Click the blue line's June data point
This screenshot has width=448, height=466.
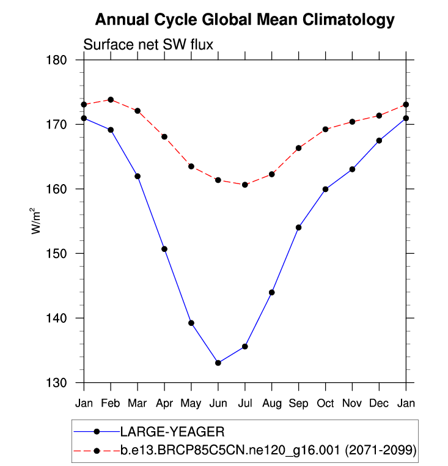click(218, 363)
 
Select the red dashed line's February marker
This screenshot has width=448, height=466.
click(111, 99)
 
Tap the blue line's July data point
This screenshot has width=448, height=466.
click(245, 346)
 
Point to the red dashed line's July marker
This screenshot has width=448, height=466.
click(245, 185)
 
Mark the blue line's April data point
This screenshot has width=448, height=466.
click(164, 249)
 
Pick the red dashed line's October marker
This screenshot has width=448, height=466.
click(326, 129)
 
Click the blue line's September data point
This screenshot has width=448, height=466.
click(299, 227)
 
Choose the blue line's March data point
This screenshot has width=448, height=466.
click(138, 176)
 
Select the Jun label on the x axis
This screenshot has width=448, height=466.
click(218, 403)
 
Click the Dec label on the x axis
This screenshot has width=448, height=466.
click(380, 403)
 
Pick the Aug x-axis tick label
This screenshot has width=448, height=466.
click(272, 403)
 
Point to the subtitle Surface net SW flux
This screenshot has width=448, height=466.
click(147, 44)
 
